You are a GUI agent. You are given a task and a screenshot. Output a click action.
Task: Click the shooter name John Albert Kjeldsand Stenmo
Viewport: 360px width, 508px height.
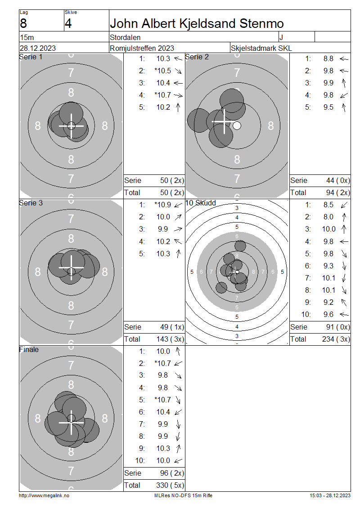coord(197,24)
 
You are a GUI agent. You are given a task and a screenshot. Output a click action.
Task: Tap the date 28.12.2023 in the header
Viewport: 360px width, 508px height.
coord(38,48)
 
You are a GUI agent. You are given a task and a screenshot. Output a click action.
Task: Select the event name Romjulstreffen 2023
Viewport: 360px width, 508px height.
coord(142,48)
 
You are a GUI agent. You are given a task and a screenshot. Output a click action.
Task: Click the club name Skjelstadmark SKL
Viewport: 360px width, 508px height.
coord(261,48)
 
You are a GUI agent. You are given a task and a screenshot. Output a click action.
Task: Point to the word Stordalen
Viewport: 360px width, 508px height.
coord(125,38)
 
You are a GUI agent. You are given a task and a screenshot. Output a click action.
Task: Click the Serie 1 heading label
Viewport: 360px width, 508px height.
coord(31,57)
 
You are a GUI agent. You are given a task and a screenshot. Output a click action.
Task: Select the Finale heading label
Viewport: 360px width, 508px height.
coord(29,350)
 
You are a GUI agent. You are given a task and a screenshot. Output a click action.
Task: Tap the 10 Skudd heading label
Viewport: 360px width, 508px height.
coord(201,203)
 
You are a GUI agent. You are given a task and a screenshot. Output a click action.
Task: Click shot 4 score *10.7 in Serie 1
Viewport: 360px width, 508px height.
coord(163,95)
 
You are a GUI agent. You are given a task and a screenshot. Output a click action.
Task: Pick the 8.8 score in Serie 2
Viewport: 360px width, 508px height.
coord(328,58)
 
